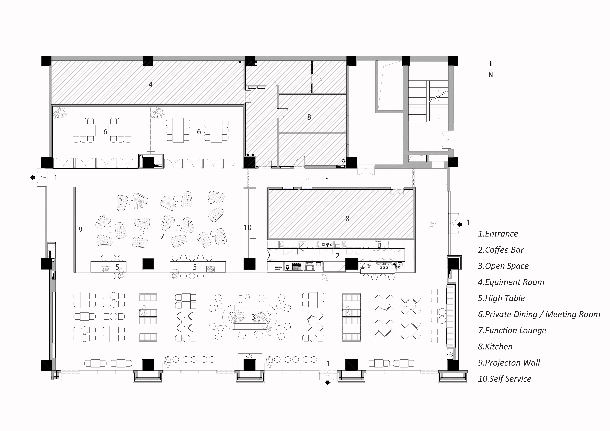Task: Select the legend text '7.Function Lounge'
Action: click(512, 330)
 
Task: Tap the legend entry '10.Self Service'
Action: click(505, 379)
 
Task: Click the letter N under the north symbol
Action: click(490, 75)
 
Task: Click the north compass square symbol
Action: click(490, 61)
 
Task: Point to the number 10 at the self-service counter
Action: click(248, 227)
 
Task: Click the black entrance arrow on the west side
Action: click(33, 177)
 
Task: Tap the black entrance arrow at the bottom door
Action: click(328, 383)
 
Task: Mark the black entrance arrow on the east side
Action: click(460, 224)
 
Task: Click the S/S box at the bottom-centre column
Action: click(249, 357)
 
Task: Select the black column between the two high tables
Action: click(148, 264)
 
